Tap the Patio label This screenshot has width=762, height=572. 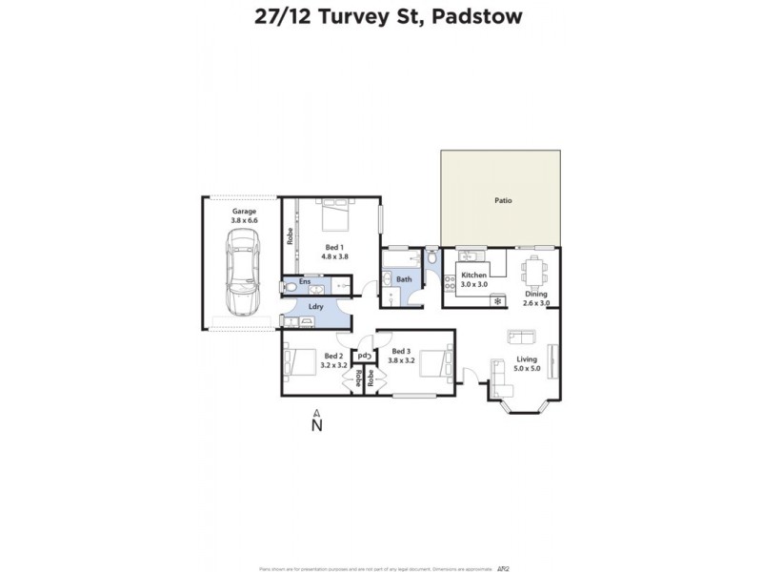point(503,201)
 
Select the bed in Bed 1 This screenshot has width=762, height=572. point(332,216)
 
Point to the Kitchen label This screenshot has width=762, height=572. point(473,275)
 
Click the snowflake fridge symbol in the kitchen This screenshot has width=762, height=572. point(496,301)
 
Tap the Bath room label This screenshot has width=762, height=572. point(404,279)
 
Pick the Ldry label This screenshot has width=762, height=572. point(314,306)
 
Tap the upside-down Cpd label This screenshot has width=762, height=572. point(363,357)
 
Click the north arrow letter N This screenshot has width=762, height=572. point(317,425)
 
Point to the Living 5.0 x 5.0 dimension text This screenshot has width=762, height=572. point(527,363)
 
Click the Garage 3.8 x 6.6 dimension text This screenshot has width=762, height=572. point(244,215)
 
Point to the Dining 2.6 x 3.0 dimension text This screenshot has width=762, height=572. point(536,298)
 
